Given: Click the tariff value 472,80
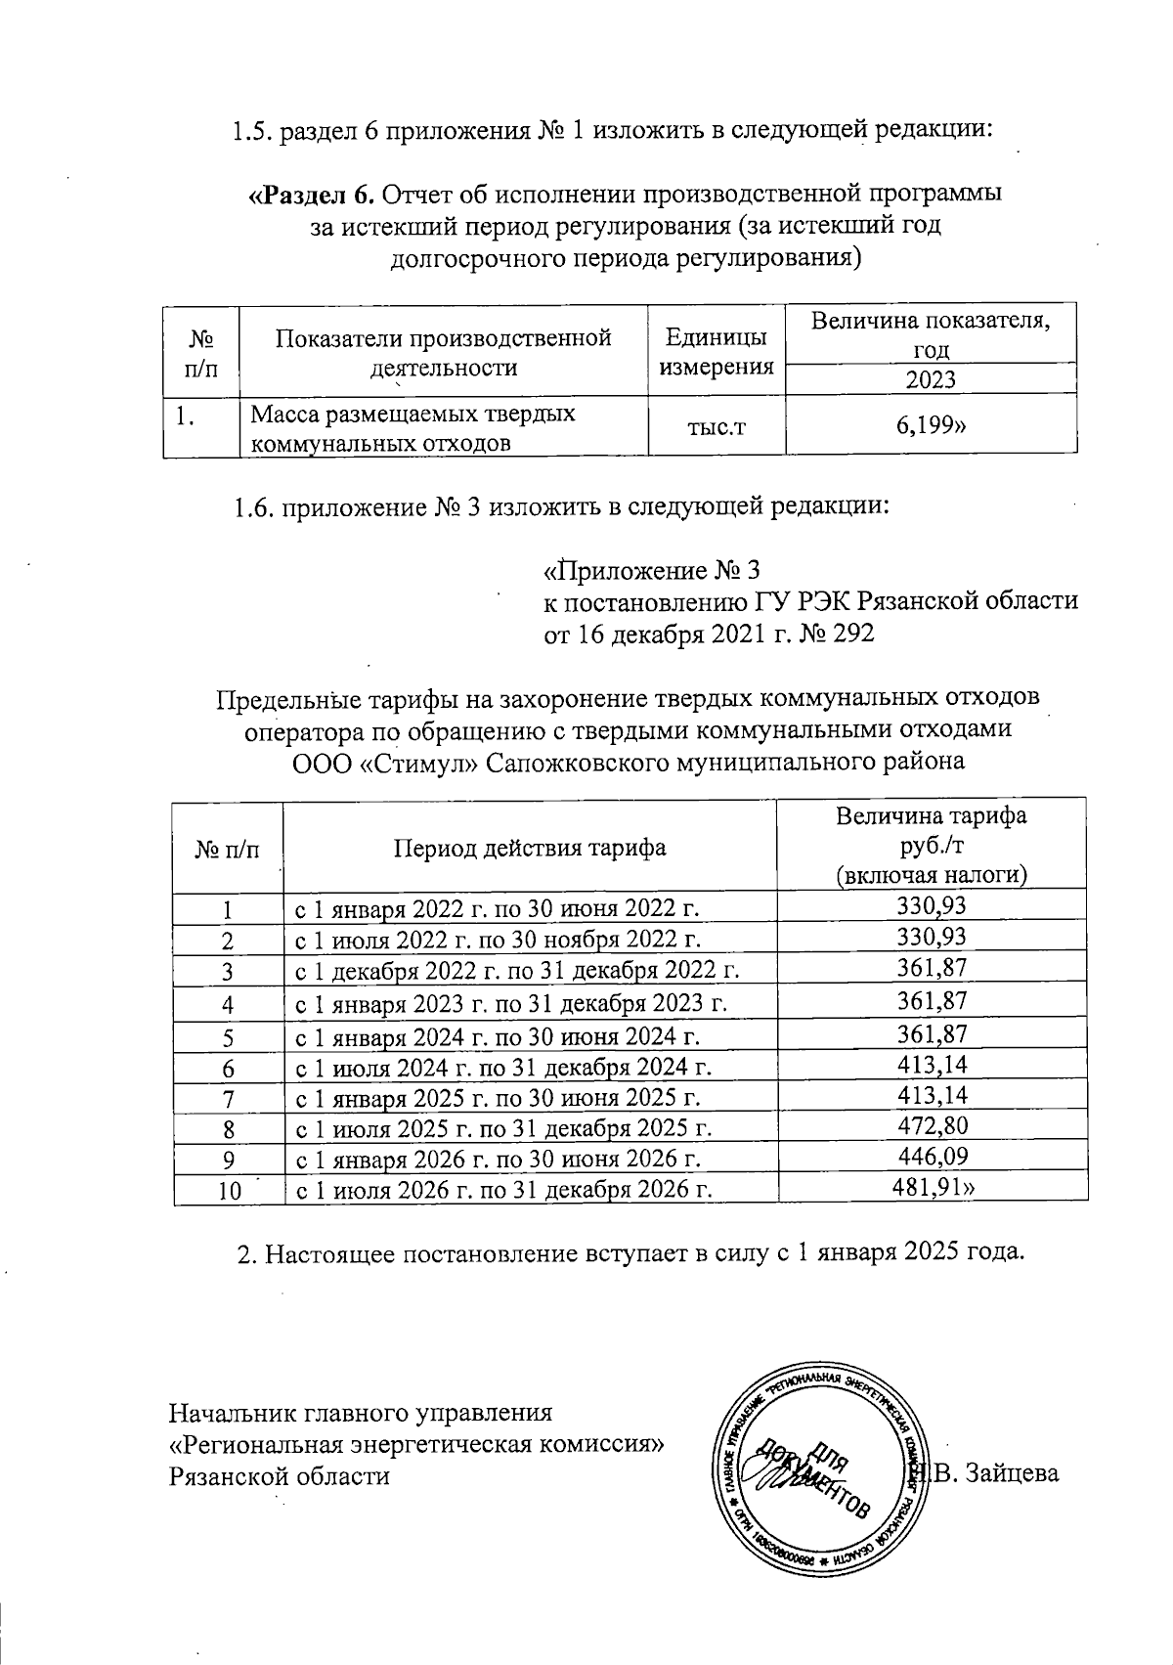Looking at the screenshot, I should (932, 1125).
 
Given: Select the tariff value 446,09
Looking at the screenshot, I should (932, 1158).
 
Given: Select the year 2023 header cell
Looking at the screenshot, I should (931, 379).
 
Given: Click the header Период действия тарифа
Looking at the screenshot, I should (530, 847).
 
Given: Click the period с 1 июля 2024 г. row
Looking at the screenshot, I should (502, 1067).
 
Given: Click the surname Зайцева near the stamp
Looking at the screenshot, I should (1011, 1473).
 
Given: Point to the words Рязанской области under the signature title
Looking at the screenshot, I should (280, 1475).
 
